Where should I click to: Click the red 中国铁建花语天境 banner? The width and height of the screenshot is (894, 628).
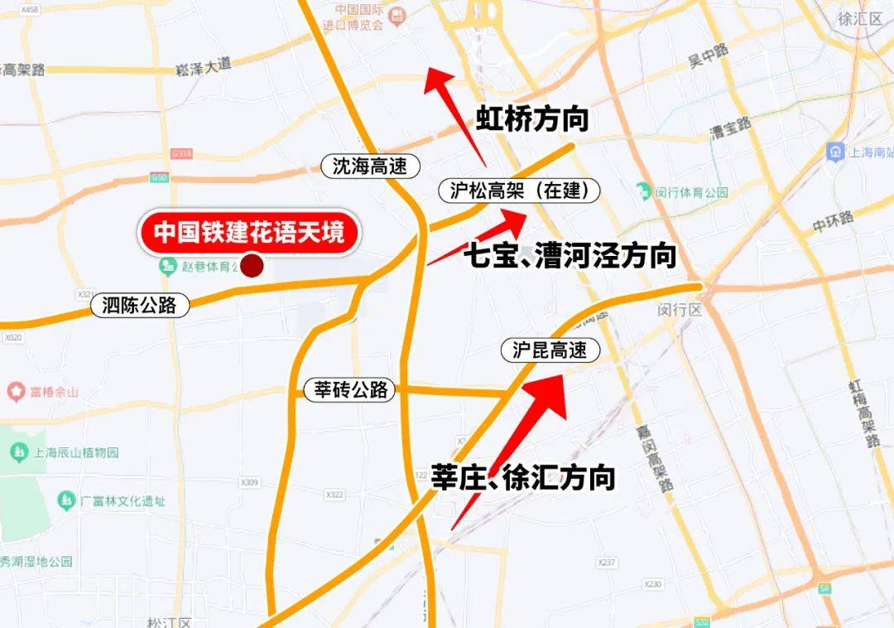(249, 231)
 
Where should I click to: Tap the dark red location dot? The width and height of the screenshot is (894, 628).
(251, 266)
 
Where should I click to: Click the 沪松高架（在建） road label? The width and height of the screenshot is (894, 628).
(519, 191)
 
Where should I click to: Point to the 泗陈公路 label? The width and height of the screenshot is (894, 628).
(141, 305)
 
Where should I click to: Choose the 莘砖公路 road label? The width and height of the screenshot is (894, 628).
(351, 389)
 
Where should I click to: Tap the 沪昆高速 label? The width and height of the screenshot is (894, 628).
(550, 350)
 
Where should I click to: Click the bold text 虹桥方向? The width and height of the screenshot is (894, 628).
(531, 119)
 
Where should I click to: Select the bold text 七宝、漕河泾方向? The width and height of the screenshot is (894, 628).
(570, 254)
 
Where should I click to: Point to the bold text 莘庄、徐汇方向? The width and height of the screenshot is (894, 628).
(523, 477)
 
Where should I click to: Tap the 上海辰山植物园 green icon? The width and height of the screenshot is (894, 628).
(17, 452)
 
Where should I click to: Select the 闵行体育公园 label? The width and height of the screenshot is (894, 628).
(691, 192)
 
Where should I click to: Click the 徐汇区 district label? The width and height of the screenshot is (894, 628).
(860, 18)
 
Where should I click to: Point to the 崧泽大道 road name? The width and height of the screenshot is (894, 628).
(204, 70)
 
